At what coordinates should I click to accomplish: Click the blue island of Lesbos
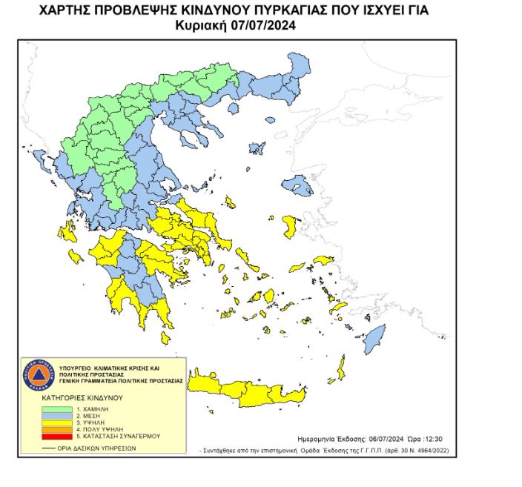pyautogui.click(x=297, y=184)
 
